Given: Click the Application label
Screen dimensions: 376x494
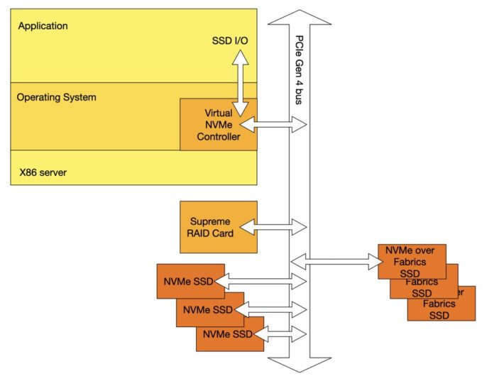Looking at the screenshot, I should pyautogui.click(x=43, y=26).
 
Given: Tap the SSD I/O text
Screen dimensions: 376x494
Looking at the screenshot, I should pyautogui.click(x=231, y=41).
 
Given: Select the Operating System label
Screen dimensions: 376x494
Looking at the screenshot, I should pyautogui.click(x=56, y=96).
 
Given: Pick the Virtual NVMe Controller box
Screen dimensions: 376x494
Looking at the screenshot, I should pyautogui.click(x=217, y=125).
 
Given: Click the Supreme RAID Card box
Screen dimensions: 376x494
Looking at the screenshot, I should pyautogui.click(x=217, y=226).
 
